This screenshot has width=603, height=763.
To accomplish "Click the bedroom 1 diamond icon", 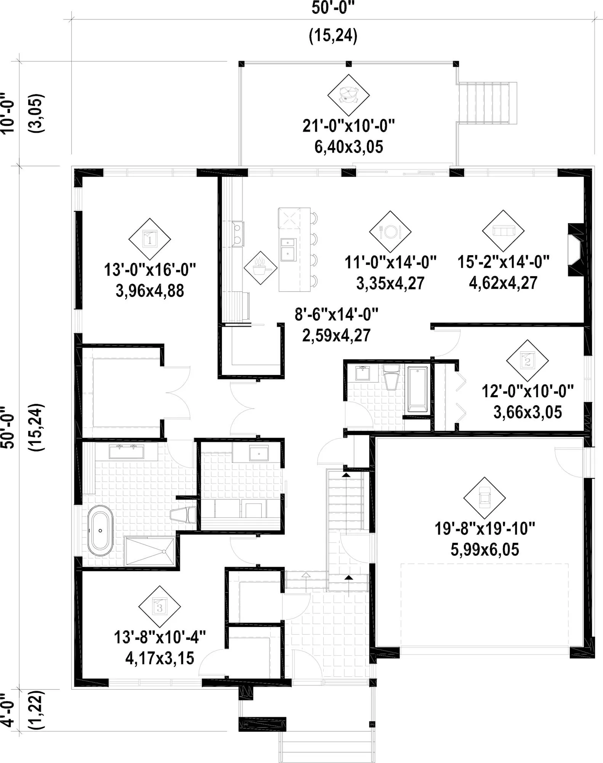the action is pyautogui.click(x=149, y=240).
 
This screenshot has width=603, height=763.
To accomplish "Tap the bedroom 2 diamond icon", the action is pyautogui.click(x=528, y=361).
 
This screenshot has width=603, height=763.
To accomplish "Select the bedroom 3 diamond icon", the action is pyautogui.click(x=159, y=607).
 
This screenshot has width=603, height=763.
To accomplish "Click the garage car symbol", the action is pyautogui.click(x=484, y=498).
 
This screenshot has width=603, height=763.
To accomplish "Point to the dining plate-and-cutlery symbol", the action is pyautogui.click(x=390, y=232).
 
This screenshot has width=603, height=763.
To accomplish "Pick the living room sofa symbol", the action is pyautogui.click(x=503, y=231).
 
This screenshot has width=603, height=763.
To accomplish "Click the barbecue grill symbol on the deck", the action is pyautogui.click(x=348, y=95).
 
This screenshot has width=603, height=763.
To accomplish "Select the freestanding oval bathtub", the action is pyautogui.click(x=100, y=531).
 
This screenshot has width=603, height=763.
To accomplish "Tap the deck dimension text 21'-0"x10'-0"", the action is pyautogui.click(x=348, y=126).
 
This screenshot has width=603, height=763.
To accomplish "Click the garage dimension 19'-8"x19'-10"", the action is pyautogui.click(x=485, y=529).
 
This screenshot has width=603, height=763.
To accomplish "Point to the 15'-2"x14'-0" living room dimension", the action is pyautogui.click(x=504, y=262).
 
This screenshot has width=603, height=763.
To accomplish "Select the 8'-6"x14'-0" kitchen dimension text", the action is pyautogui.click(x=337, y=315).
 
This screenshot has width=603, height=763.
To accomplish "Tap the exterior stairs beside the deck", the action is pyautogui.click(x=487, y=103).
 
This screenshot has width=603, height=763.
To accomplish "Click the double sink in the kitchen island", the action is pyautogui.click(x=288, y=250).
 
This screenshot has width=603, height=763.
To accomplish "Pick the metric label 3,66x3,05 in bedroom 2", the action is pyautogui.click(x=528, y=412).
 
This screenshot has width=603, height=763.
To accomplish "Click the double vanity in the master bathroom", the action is pyautogui.click(x=126, y=451).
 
